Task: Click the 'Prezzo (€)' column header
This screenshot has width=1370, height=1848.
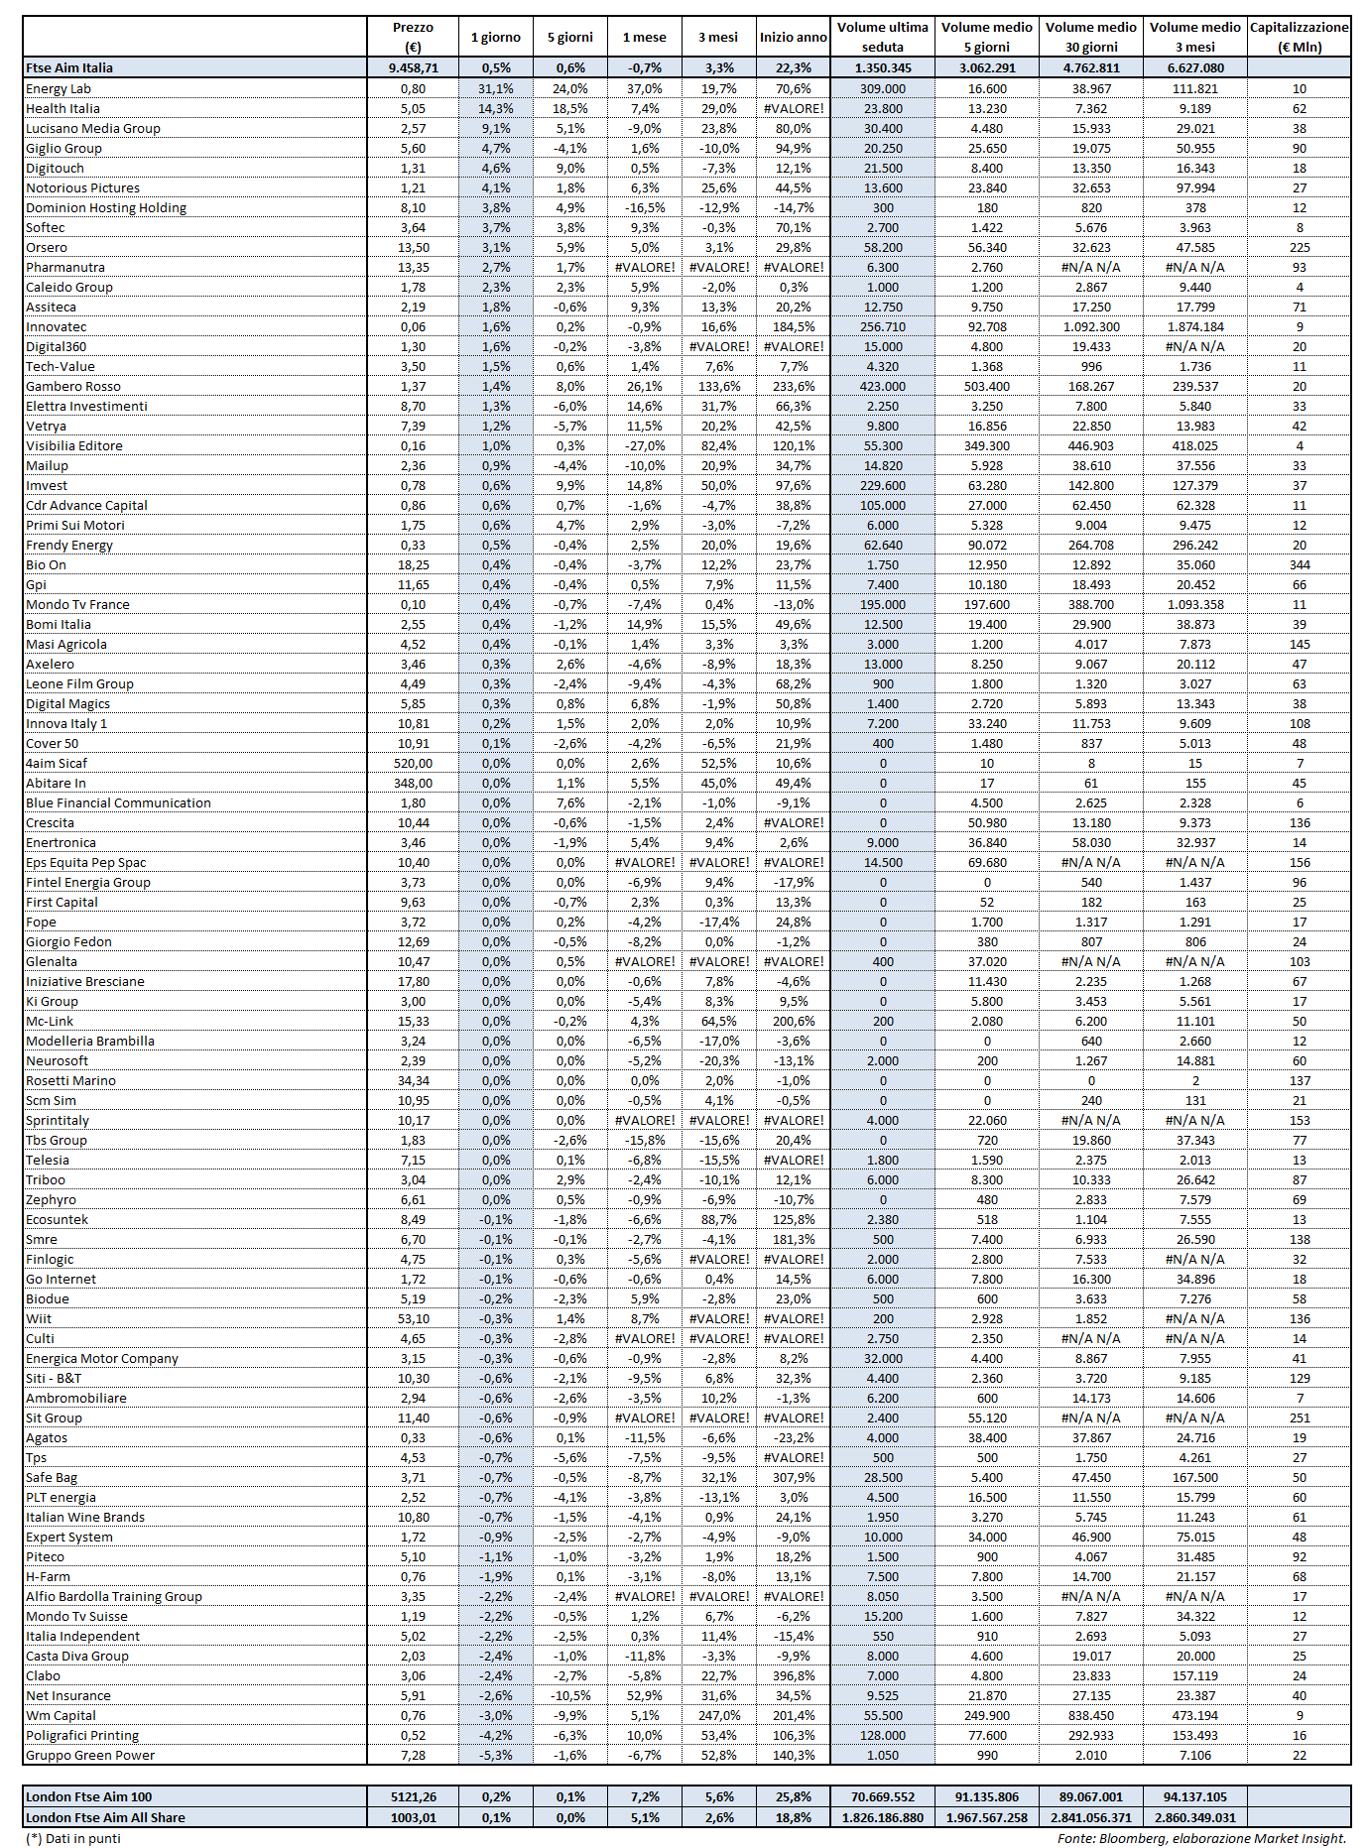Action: point(413,37)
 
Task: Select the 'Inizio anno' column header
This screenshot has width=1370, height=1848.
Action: point(793,37)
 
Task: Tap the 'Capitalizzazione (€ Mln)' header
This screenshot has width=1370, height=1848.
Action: point(1299,37)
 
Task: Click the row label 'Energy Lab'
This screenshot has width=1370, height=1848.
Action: point(59,88)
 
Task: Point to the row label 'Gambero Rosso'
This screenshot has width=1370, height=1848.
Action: point(73,386)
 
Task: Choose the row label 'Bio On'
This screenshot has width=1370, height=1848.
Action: point(47,564)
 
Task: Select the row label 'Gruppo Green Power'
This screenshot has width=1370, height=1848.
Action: point(90,1755)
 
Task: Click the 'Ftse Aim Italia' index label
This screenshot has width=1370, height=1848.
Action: point(69,67)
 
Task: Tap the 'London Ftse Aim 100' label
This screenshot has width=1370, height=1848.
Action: point(89,1796)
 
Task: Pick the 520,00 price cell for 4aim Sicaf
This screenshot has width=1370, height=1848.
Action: point(413,763)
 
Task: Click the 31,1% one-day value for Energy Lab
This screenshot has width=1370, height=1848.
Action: point(496,88)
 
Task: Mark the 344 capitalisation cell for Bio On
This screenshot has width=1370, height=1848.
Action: point(1300,564)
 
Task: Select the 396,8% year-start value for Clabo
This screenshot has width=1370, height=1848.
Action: point(793,1675)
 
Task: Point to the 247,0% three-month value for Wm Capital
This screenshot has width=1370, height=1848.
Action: point(719,1715)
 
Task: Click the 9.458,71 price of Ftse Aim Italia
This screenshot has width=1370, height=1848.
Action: point(413,67)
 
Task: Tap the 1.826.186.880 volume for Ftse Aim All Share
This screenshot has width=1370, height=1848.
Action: point(882,1817)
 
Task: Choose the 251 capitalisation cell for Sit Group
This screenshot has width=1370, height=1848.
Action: point(1300,1417)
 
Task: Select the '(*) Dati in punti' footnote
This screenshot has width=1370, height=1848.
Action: point(73,1838)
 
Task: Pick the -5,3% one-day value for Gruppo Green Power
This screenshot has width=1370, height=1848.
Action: point(496,1755)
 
